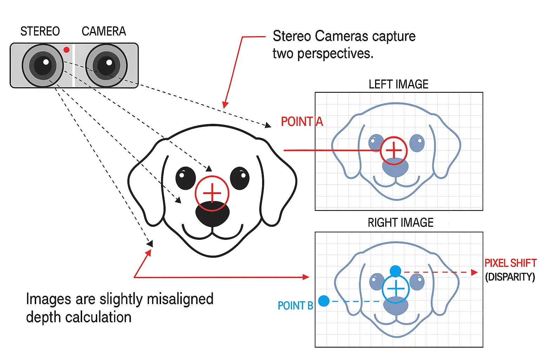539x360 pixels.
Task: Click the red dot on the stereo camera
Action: (66, 50)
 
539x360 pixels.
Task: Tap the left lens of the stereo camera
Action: (43, 65)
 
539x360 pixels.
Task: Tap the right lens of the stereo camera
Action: (106, 65)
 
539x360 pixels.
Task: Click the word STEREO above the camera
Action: (40, 32)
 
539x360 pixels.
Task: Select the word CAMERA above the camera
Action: (104, 32)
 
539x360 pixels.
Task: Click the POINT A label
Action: (302, 122)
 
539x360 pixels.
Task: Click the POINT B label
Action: (295, 306)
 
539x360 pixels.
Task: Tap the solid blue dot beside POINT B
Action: (324, 301)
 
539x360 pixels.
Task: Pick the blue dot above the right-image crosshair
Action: (395, 271)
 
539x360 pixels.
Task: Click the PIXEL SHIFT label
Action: (510, 263)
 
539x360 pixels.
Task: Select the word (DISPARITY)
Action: (510, 277)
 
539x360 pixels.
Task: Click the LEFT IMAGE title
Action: (398, 84)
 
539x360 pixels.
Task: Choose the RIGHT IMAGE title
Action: (400, 223)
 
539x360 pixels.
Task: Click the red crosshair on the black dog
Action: (212, 193)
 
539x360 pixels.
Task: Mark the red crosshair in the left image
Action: (394, 150)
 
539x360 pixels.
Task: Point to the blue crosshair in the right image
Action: (395, 289)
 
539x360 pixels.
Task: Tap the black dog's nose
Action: (212, 214)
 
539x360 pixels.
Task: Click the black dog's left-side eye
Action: (186, 178)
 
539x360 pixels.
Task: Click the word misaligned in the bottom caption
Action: (180, 299)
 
